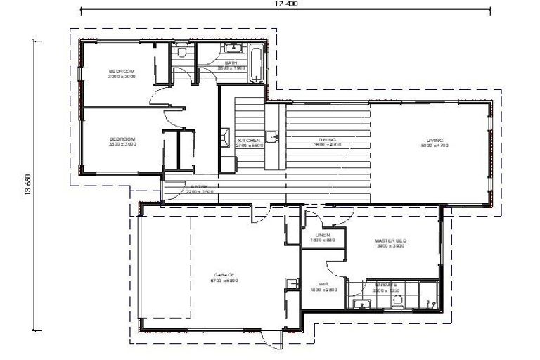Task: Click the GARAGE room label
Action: coord(225,274)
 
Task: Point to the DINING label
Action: coord(328,139)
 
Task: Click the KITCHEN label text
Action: coord(249,141)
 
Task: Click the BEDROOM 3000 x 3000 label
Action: coord(122,72)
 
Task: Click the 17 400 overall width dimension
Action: coord(284,5)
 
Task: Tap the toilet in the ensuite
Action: coord(397,301)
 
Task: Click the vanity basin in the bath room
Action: coord(232,49)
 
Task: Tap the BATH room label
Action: coord(231,63)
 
